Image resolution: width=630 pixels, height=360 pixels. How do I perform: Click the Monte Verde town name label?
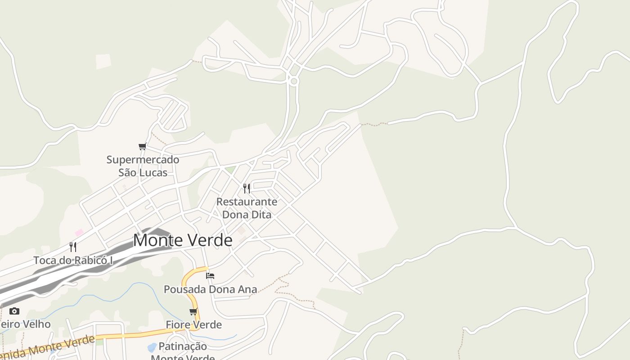(x=183, y=240)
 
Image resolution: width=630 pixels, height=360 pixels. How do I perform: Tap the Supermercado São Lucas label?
(x=143, y=166)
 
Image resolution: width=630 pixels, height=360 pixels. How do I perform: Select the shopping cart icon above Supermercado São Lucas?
(x=143, y=146)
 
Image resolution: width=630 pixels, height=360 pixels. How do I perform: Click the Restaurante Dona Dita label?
(x=247, y=208)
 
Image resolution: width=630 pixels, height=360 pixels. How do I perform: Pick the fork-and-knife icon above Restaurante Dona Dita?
(x=247, y=188)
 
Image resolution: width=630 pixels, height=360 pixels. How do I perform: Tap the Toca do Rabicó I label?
(x=73, y=260)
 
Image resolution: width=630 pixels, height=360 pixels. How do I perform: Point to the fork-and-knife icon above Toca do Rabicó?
(x=73, y=247)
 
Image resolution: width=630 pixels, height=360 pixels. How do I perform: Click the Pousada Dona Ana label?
(x=210, y=289)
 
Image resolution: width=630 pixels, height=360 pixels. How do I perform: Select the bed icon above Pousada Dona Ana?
(x=210, y=275)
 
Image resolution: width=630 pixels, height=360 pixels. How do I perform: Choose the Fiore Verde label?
(x=193, y=324)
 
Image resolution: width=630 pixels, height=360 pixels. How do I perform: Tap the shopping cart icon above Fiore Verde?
(x=193, y=311)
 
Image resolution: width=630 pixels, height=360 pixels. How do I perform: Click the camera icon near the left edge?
(x=14, y=311)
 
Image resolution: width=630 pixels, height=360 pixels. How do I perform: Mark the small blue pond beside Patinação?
(x=152, y=347)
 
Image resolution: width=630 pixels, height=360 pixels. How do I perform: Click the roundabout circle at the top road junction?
(x=294, y=81)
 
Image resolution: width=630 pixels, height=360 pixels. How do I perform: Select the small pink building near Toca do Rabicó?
(x=79, y=232)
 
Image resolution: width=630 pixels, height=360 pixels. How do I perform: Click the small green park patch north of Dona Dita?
(x=230, y=170)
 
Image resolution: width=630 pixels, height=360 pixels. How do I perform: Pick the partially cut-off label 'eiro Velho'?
(x=25, y=324)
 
